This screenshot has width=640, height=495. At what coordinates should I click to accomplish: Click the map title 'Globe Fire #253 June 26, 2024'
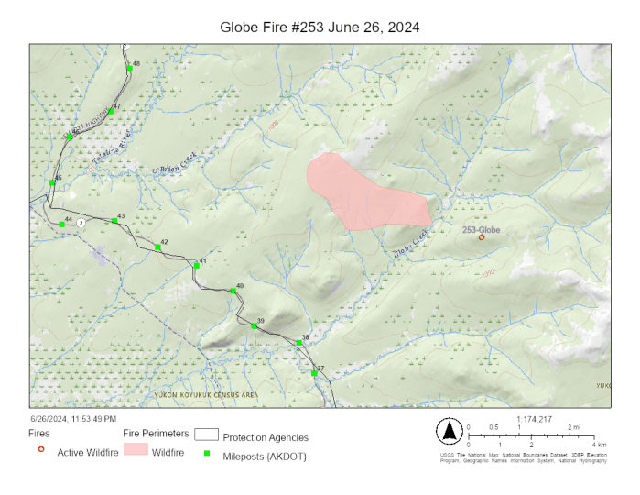(x=320, y=27)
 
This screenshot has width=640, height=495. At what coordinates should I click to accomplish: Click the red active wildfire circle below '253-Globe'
(x=482, y=237)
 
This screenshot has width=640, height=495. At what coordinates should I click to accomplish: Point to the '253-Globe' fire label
(x=482, y=228)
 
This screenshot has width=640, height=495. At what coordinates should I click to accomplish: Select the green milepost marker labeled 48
(x=130, y=69)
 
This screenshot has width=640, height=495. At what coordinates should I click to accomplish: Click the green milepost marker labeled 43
(x=114, y=221)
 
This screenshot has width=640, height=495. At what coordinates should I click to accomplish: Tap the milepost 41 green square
(x=196, y=266)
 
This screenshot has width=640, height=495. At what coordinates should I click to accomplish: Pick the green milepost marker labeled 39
(x=254, y=325)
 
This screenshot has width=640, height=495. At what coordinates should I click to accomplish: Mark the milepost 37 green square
(x=314, y=373)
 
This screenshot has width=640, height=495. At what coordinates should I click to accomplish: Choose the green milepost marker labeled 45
(x=52, y=182)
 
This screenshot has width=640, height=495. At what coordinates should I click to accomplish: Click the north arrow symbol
(x=450, y=430)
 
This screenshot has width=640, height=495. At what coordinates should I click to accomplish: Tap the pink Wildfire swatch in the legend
(x=135, y=450)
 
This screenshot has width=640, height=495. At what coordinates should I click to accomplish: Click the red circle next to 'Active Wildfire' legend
(x=41, y=449)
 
